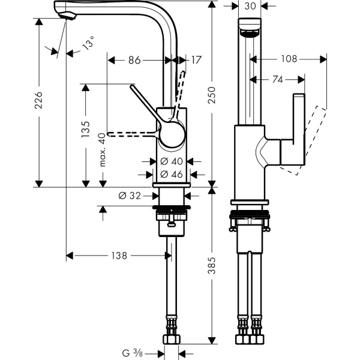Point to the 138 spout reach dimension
118,256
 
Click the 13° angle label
88,46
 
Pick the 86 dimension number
134,60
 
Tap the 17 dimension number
197,60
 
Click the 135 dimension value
86,128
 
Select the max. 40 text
103,149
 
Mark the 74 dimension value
277,79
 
